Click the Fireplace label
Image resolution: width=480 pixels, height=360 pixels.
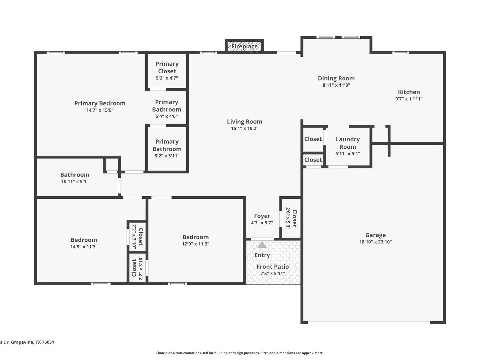click(x=244, y=47)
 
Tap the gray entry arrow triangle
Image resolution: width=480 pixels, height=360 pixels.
click(x=262, y=245)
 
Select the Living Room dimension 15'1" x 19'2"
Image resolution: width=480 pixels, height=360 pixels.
click(x=244, y=129)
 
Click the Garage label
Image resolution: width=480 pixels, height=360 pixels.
click(x=375, y=235)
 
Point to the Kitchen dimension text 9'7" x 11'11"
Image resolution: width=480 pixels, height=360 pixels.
click(x=409, y=99)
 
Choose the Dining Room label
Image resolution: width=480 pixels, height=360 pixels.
click(x=336, y=78)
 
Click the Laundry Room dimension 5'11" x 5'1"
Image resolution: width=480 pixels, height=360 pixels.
click(x=347, y=154)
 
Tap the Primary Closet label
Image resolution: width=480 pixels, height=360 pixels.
click(x=167, y=68)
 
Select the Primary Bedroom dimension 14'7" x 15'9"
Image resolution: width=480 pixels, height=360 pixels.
click(x=100, y=110)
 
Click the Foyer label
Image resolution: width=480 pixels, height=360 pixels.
click(x=262, y=216)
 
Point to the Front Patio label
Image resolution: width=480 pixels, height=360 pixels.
click(x=272, y=267)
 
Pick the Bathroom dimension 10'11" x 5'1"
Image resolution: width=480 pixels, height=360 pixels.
click(x=75, y=181)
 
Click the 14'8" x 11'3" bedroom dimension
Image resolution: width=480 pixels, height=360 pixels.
click(x=84, y=247)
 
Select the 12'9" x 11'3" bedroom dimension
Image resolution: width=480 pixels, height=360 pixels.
click(x=195, y=244)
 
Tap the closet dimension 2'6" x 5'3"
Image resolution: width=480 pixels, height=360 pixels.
click(x=288, y=218)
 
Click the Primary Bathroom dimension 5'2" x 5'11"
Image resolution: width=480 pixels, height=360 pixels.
click(x=167, y=156)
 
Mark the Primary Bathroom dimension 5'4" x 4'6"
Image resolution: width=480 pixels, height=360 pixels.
click(x=166, y=116)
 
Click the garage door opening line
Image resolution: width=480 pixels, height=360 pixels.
click(x=369, y=322)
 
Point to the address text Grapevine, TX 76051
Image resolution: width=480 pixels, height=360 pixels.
click(x=32, y=342)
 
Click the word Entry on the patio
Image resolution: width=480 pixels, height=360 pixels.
click(x=262, y=255)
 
